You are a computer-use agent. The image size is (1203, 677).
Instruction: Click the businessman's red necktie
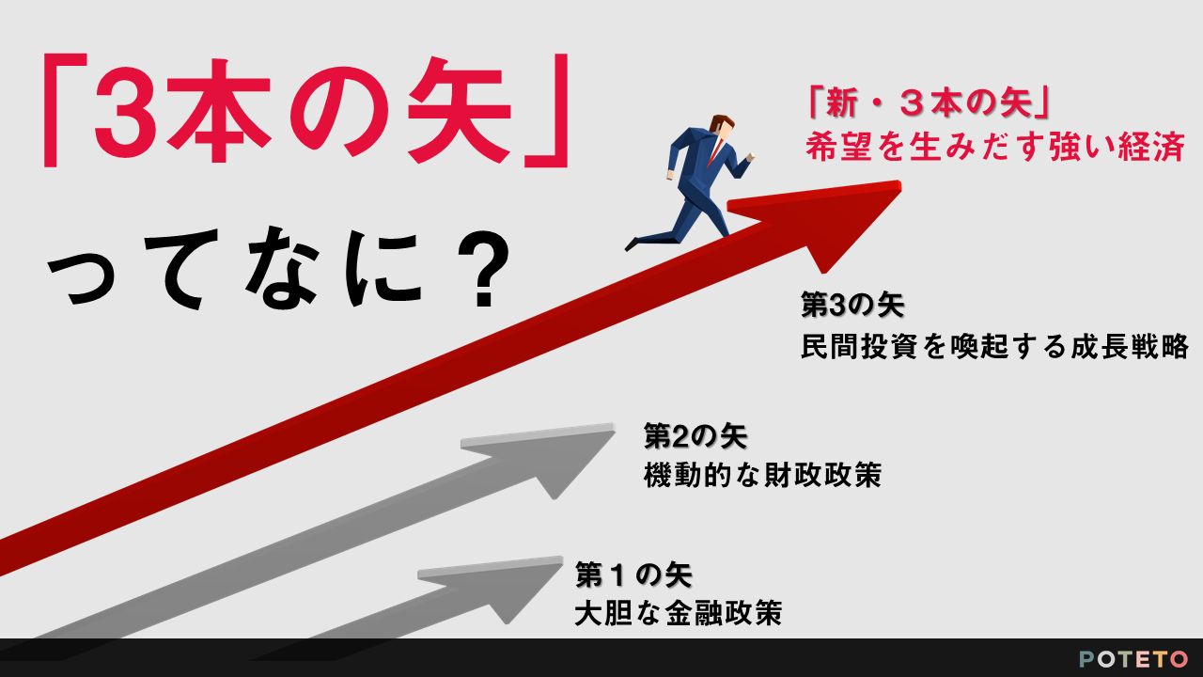click(715, 151)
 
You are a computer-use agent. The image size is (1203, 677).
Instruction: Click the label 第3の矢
click(852, 305)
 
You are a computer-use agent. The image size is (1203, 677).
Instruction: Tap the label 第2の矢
click(695, 435)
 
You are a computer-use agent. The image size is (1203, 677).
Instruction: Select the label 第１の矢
click(633, 575)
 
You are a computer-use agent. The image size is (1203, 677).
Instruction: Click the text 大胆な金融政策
click(679, 613)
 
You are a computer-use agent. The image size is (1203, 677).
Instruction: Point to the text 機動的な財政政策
click(762, 475)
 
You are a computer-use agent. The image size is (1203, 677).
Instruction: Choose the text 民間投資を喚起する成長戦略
click(994, 346)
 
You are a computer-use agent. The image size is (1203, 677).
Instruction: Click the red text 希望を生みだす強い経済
click(995, 146)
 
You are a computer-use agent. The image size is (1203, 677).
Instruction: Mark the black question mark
click(483, 269)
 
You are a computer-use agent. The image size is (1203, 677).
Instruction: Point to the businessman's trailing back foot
click(633, 244)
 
